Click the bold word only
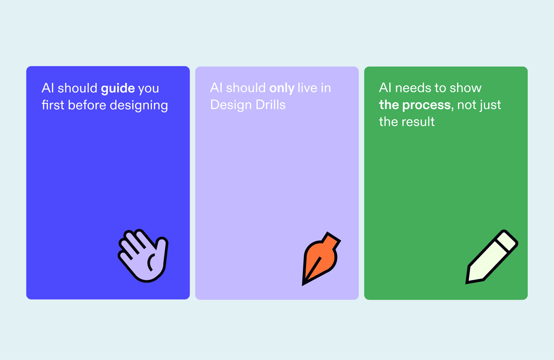pos(282,88)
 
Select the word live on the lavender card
pos(307,88)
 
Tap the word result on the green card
pos(418,122)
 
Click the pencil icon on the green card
pos(492,257)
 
